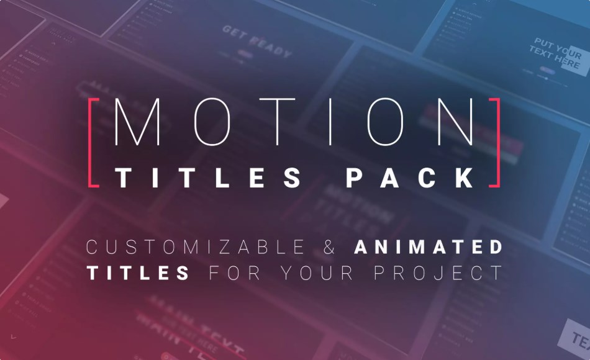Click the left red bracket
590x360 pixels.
[91, 142]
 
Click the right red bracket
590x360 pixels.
[497, 142]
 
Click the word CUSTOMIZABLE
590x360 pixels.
[195, 247]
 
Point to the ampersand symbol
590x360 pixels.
[330, 247]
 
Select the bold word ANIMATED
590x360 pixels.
[429, 247]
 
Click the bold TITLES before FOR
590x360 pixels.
[138, 272]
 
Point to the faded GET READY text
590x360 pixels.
[256, 42]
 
